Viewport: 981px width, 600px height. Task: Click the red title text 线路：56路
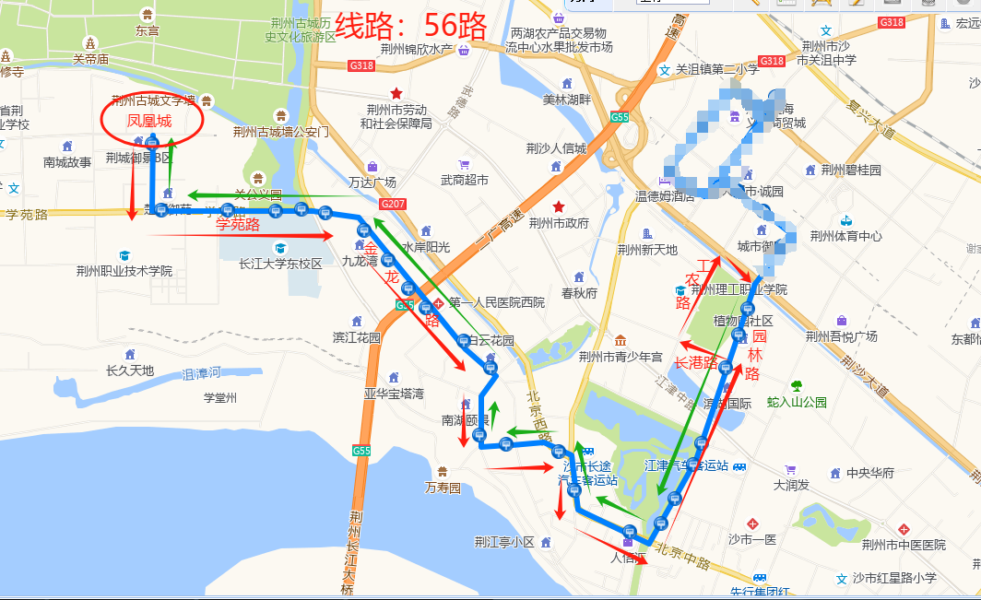point(410,25)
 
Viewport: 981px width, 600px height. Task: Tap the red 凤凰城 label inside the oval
point(149,122)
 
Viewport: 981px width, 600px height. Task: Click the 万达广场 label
point(372,182)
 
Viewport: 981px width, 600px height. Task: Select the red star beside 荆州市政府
point(558,206)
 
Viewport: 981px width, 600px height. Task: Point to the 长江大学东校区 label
point(280,263)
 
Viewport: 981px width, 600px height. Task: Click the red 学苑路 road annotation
point(238,224)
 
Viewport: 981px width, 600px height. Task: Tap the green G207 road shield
point(393,203)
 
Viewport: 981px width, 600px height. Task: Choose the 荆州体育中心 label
point(845,236)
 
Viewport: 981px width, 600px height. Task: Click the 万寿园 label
point(443,487)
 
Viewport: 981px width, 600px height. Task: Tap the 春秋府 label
point(579,293)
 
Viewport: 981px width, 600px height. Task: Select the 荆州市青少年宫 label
point(621,357)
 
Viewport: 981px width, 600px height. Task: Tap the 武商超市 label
point(465,181)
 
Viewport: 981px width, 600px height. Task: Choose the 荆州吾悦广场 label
point(841,336)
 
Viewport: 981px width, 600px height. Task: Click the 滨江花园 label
point(357,337)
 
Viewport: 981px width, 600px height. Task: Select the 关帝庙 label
point(91,59)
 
